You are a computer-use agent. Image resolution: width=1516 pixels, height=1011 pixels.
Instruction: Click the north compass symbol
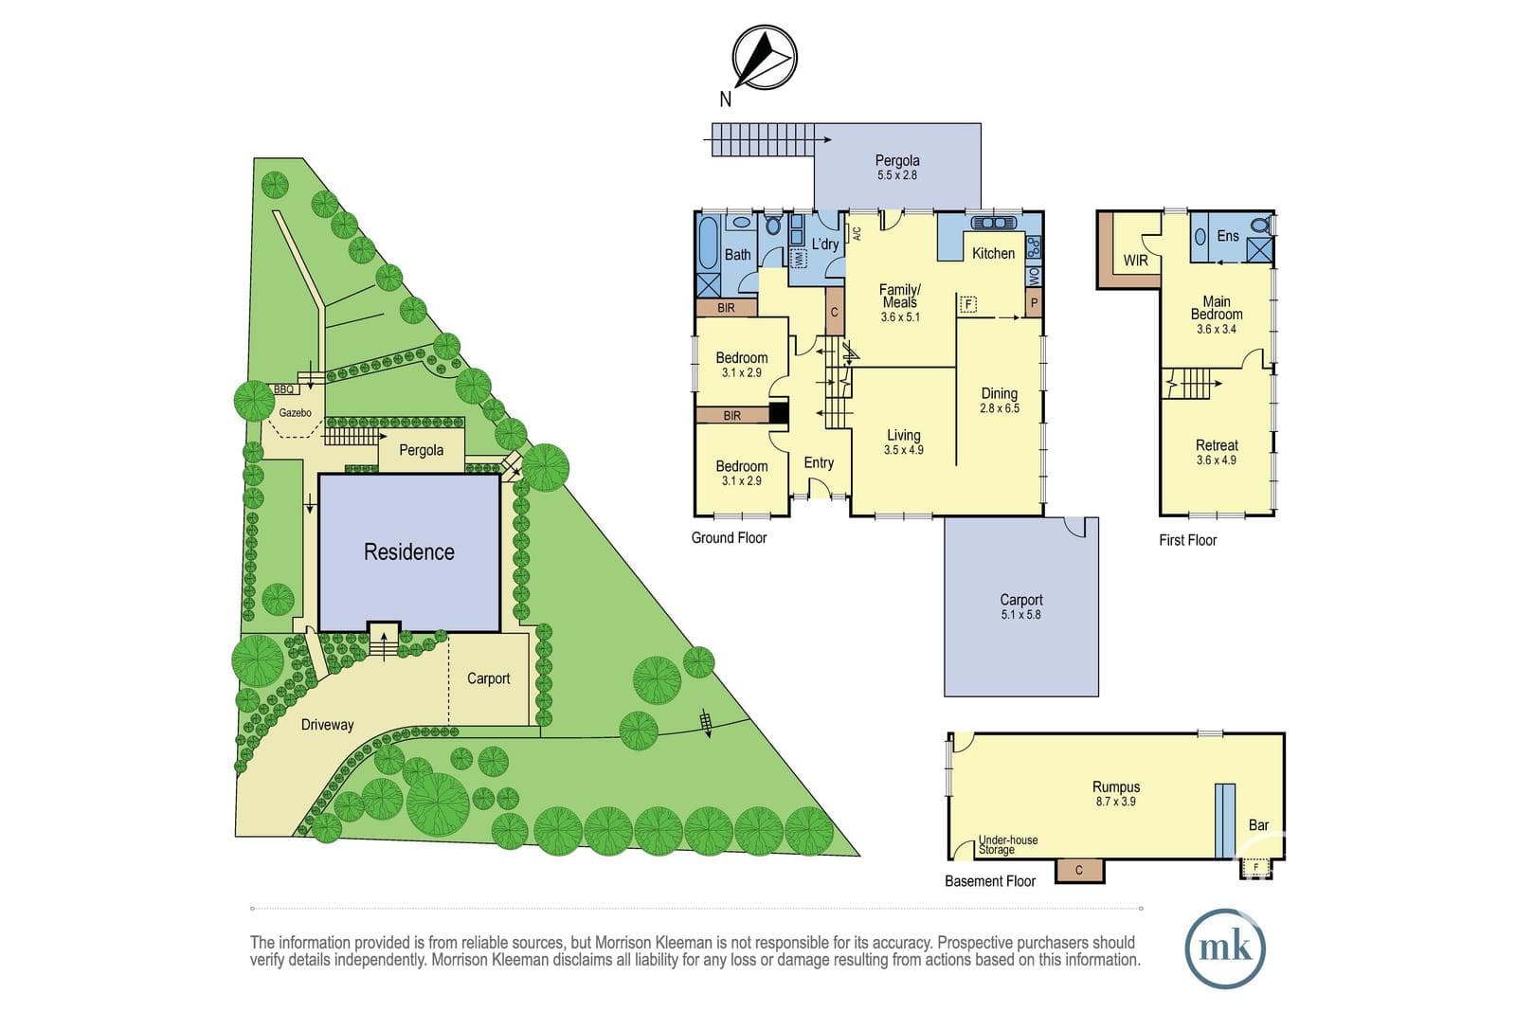pyautogui.click(x=764, y=58)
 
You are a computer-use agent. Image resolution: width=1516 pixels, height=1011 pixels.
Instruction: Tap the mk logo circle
pyautogui.click(x=1225, y=948)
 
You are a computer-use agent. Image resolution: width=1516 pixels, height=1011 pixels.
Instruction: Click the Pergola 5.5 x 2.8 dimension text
pyautogui.click(x=896, y=175)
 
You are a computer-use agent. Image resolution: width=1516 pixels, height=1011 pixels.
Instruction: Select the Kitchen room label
pyautogui.click(x=993, y=253)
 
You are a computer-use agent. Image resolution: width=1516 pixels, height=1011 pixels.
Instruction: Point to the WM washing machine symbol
pyautogui.click(x=800, y=258)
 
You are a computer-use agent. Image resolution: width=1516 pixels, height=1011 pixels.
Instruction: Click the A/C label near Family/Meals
pyautogui.click(x=857, y=234)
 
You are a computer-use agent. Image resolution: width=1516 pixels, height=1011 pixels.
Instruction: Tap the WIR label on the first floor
pyautogui.click(x=1136, y=261)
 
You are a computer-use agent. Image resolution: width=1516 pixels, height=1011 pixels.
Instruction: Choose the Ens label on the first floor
pyautogui.click(x=1228, y=236)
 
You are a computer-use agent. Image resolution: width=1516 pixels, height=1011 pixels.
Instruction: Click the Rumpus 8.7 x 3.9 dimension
pyautogui.click(x=1116, y=802)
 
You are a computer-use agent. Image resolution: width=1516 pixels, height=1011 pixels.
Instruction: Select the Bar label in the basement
pyautogui.click(x=1258, y=825)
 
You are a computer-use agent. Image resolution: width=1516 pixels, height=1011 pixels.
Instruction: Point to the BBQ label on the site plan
pyautogui.click(x=283, y=389)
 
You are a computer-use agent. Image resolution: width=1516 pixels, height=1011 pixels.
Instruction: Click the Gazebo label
pyautogui.click(x=295, y=413)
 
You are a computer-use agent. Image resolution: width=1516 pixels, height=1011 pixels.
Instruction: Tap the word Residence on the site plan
pyautogui.click(x=408, y=552)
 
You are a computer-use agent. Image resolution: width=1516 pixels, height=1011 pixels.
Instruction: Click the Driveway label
pyautogui.click(x=328, y=725)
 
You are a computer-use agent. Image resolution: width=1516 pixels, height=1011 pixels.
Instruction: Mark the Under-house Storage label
pyautogui.click(x=1008, y=844)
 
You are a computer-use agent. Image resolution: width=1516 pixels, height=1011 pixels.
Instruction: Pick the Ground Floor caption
pyautogui.click(x=729, y=538)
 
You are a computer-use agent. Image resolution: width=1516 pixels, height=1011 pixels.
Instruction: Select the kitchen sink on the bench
pyautogui.click(x=994, y=223)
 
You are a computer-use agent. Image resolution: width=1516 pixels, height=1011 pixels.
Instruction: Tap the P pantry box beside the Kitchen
pyautogui.click(x=1034, y=303)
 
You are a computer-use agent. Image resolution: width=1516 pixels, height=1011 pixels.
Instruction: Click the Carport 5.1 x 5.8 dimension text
pyautogui.click(x=1020, y=615)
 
